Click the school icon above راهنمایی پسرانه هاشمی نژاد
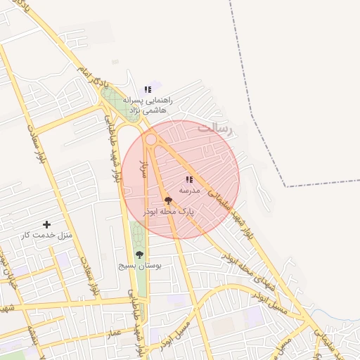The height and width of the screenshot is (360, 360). point(148,89)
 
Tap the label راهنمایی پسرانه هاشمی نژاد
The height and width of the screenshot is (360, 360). point(147,105)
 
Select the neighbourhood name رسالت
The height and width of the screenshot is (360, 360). point(214,128)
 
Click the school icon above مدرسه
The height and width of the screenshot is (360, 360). point(189,180)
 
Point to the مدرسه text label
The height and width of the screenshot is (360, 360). point(189,191)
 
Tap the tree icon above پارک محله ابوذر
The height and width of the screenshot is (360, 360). point(167,200)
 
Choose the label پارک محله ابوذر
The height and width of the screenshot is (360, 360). point(169,211)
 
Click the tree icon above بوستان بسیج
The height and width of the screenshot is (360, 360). point(139,255)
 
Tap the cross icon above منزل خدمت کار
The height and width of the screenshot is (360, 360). point(47,224)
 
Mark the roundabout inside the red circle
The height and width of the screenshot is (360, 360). point(150,139)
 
